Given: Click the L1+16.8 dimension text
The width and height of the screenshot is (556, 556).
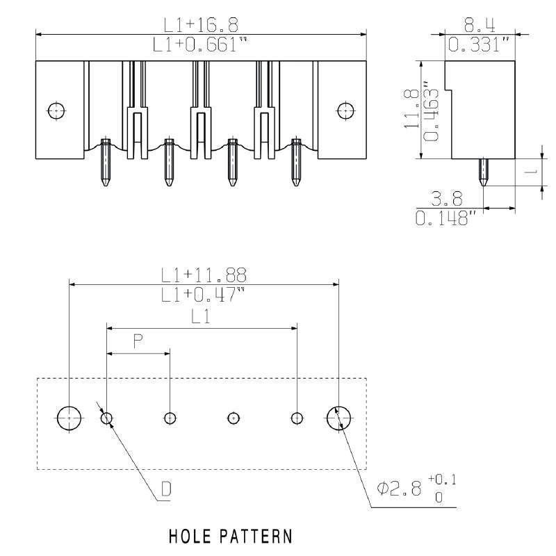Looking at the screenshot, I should coord(201,24).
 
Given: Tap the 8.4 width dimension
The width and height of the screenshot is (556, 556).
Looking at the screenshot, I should coord(480,25).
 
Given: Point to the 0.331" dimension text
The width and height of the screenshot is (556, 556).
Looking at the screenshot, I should coord(480,45).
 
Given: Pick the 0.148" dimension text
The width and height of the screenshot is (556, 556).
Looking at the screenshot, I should coord(445,219).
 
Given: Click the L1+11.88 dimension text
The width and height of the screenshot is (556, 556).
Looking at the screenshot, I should coord(204,274).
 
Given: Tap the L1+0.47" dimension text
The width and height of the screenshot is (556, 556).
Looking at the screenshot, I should coord(204,294).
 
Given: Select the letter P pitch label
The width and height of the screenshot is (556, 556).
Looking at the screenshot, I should coord(138,341).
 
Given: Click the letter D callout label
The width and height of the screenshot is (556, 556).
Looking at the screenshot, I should coord(166,490).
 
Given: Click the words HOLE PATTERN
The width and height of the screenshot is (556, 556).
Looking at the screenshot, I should coord(230,537).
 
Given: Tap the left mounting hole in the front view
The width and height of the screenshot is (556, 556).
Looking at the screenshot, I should coord(55,110).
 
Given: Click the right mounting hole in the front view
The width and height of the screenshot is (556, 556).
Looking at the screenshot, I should coord(345,109).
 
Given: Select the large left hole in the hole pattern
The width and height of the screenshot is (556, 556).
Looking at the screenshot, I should coord(69,418).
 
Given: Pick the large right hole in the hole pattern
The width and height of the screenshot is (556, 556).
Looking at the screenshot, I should coord(338,418).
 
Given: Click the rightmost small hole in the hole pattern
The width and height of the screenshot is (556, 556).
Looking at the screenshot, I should coord(297,418).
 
